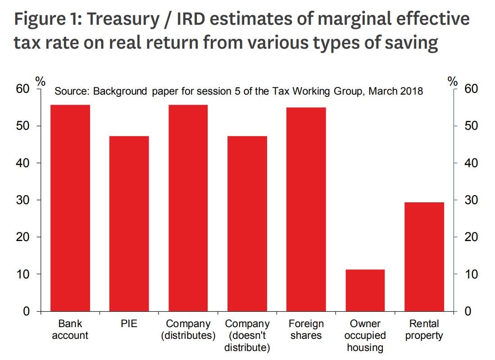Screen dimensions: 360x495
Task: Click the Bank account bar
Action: [70, 208]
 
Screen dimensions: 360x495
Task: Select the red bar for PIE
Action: [129, 223]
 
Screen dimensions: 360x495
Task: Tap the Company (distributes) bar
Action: [188, 208]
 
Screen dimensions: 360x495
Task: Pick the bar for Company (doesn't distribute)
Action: [247, 223]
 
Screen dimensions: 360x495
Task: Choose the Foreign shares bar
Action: [306, 210]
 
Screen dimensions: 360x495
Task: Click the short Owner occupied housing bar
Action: [365, 290]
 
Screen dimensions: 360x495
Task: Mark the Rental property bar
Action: [424, 257]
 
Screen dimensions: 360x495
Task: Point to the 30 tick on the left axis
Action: [23, 200]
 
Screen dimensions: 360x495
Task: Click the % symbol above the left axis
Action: [41, 82]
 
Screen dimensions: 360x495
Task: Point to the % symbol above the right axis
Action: [453, 82]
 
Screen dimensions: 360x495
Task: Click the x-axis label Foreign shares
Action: [306, 330]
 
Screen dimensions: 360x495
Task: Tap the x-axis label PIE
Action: [129, 324]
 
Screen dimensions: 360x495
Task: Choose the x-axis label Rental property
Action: [424, 330]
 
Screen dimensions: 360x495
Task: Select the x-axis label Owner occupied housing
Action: [365, 336]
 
